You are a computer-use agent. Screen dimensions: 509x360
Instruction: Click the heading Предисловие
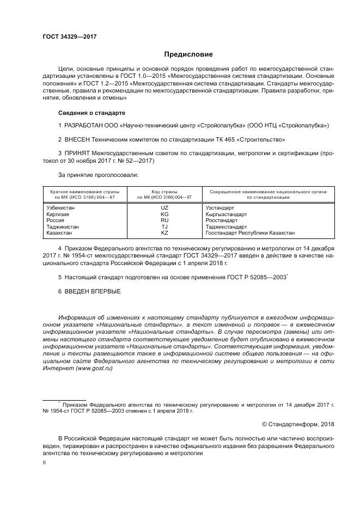click(x=188, y=54)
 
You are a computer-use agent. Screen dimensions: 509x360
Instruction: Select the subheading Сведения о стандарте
click(x=91, y=113)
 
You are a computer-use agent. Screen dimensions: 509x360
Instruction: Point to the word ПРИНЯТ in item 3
click(x=78, y=153)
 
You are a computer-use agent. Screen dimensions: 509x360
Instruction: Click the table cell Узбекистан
click(x=61, y=207)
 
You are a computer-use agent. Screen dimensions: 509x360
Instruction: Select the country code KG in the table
click(x=164, y=214)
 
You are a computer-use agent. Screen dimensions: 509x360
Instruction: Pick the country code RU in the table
click(x=164, y=220)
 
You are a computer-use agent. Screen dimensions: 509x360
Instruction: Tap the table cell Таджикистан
click(x=63, y=226)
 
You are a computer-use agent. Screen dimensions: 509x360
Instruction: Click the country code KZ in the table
click(x=164, y=232)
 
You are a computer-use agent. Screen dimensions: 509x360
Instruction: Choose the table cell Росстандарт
click(x=222, y=220)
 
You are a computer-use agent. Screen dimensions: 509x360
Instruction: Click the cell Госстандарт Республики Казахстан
click(x=250, y=232)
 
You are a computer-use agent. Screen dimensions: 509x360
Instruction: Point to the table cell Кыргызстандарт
click(x=226, y=214)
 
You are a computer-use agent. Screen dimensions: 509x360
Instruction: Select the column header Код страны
click(x=164, y=191)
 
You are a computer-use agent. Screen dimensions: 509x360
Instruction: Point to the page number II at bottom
click(x=45, y=462)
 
